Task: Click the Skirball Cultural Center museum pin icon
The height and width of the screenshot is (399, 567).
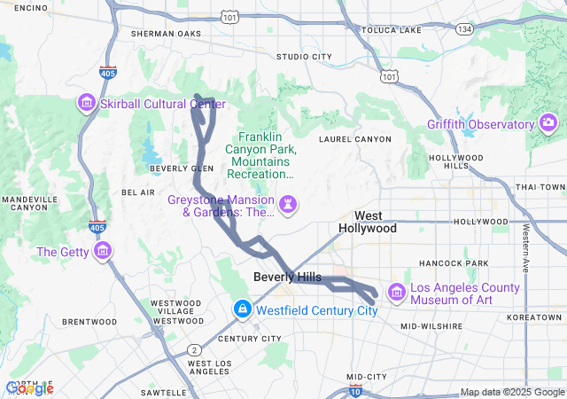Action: click(87, 104)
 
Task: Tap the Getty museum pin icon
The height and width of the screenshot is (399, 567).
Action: click(104, 252)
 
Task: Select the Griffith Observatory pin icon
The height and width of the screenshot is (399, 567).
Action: click(548, 122)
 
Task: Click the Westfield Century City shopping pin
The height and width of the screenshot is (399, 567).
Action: click(241, 309)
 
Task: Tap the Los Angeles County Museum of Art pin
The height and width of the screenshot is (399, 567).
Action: click(396, 293)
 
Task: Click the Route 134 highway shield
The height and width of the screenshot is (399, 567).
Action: click(464, 29)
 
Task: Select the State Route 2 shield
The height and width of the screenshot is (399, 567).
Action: click(193, 349)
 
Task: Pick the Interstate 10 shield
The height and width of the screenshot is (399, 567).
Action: click(354, 390)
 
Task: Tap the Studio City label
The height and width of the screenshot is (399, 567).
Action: click(304, 57)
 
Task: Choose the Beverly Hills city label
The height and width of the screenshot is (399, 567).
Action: click(287, 278)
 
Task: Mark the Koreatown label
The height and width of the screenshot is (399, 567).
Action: click(533, 317)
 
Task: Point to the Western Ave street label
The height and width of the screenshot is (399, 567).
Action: click(526, 247)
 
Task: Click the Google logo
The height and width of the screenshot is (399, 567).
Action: click(29, 388)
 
